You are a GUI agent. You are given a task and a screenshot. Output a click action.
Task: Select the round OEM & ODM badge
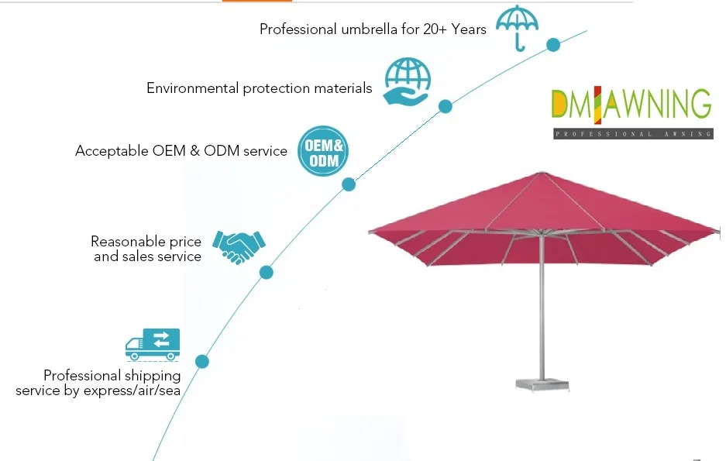[323, 150]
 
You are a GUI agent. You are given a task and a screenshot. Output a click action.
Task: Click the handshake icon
[239, 244]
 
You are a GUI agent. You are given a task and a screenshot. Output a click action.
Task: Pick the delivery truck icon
[153, 344]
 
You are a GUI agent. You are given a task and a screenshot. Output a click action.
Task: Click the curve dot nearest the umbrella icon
[553, 45]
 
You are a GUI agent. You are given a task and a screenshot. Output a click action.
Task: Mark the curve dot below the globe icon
[446, 106]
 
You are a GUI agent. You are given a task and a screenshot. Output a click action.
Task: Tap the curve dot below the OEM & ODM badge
[349, 184]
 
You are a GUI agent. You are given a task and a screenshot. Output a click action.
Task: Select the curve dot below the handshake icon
[267, 272]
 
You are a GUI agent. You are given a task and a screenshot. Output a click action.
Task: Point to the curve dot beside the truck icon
[202, 361]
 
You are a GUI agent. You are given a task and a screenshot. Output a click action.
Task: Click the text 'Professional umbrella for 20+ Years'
[373, 29]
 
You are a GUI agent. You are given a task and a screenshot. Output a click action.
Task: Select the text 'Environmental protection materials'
[259, 88]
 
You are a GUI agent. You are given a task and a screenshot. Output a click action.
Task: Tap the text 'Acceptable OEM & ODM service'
[181, 151]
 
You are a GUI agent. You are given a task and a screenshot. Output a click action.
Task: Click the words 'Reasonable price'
[146, 242]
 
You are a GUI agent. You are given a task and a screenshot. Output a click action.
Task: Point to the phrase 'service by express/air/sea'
[98, 390]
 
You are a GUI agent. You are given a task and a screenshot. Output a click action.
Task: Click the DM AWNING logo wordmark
[630, 105]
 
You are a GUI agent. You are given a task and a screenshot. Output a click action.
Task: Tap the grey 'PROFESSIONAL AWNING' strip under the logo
[633, 134]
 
